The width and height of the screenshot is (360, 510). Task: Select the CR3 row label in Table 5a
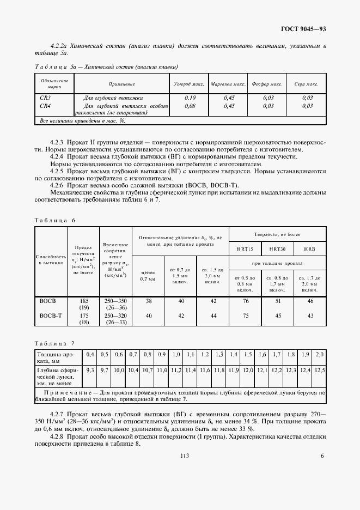coord(46,98)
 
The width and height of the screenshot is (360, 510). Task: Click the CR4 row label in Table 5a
coord(46,106)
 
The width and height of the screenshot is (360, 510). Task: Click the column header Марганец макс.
coord(229,84)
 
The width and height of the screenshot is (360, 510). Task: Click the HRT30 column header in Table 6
coord(277,249)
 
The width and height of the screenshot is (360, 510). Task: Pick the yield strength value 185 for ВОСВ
coord(83,301)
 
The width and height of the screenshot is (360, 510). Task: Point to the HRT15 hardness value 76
coord(245,301)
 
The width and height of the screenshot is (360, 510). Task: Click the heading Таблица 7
coord(55,343)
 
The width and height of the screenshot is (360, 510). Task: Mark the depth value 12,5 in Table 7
coord(320,371)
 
